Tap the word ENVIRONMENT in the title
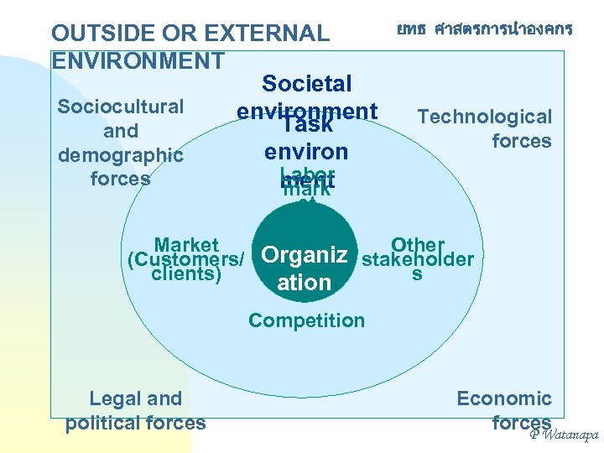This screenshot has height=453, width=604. tap(138, 61)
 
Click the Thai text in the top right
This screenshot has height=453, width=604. tap(485, 29)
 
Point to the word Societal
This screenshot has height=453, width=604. tap(306, 84)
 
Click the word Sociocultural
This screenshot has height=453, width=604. tap(120, 107)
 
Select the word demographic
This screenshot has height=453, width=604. tap(120, 155)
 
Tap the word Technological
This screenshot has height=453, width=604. tap(485, 117)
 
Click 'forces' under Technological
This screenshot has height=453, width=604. tap(521, 140)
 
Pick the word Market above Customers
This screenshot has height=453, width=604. tap(186, 245)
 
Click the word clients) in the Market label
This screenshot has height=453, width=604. tap(186, 273)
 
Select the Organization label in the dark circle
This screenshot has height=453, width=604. tap(305, 268)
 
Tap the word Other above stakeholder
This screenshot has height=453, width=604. tap(417, 244)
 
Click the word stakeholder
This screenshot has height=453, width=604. tap(417, 259)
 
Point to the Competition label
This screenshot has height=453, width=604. tap(306, 320)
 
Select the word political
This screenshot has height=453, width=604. tap(104, 422)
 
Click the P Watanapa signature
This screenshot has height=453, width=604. tap(563, 435)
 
